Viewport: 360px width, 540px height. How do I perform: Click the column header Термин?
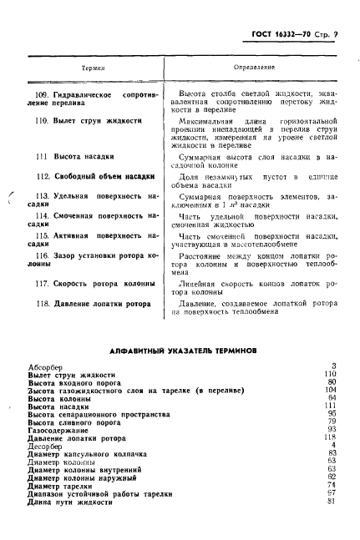coord(91,64)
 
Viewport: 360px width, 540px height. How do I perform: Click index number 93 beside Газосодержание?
coord(332,430)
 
